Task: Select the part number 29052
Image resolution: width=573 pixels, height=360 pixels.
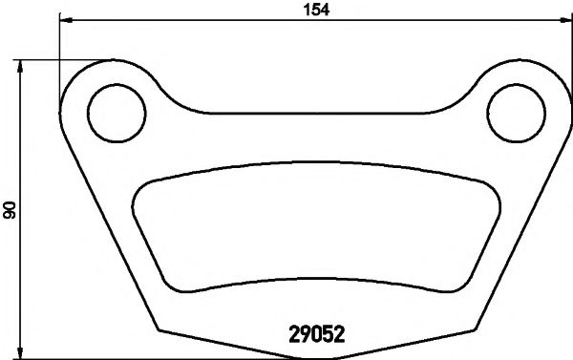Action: coord(316,335)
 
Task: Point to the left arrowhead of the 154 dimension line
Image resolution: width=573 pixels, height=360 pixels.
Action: coord(65,19)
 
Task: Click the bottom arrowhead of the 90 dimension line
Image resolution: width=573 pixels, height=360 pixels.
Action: coord(21,351)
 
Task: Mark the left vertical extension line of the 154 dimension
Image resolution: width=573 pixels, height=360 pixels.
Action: coord(60,48)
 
